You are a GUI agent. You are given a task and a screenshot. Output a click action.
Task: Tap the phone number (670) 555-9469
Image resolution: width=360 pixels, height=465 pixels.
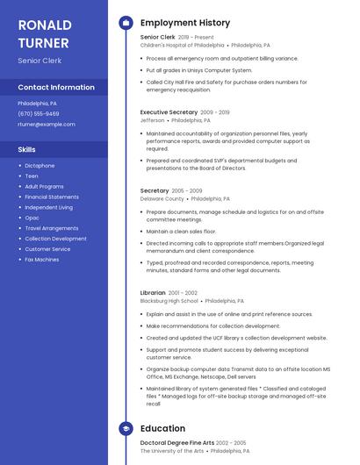point(39,114)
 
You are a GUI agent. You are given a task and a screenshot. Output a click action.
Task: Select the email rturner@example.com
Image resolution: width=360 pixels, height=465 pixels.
point(47,125)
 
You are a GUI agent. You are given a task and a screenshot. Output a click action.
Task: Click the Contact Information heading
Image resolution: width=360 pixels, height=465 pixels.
point(56,88)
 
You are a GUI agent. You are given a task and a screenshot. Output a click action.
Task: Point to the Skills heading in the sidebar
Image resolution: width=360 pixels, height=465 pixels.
point(27,149)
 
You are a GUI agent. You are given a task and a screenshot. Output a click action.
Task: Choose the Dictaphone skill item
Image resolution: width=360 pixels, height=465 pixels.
point(40,166)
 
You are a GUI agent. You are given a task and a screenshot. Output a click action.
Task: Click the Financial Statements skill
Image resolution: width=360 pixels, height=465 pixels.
point(52,197)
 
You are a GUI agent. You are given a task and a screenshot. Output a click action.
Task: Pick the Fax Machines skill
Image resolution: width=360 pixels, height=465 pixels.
point(42,260)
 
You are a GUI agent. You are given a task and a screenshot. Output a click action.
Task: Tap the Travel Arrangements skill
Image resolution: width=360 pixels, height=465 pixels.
point(52,228)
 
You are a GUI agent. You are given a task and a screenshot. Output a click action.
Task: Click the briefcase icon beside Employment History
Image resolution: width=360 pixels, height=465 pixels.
point(126,23)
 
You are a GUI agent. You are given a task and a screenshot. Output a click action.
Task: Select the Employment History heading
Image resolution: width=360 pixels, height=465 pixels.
point(185,23)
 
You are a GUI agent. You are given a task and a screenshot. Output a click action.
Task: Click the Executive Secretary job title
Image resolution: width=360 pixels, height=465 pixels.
point(169,112)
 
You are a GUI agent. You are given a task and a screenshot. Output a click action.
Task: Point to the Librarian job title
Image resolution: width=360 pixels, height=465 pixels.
point(153,292)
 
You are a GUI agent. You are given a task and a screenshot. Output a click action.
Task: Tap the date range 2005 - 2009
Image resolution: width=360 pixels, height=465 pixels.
point(187,190)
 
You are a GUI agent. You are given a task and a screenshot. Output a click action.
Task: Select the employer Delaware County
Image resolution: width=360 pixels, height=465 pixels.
point(162,198)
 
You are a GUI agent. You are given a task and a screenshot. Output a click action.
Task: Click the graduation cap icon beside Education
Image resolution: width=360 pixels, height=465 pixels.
point(126,429)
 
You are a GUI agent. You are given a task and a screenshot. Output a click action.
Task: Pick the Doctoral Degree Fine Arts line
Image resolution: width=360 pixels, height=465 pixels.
point(176,443)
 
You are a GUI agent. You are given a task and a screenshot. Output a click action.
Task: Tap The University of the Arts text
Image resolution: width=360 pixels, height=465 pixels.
point(171,451)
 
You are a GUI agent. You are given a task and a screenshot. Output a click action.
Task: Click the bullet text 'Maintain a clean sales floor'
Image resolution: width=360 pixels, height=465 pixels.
point(181,232)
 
